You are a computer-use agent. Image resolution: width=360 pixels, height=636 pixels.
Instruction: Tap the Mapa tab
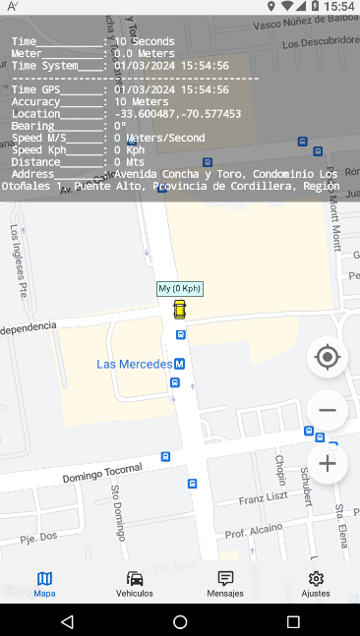[x=44, y=584]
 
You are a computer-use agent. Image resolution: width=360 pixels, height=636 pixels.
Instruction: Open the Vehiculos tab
[x=135, y=584]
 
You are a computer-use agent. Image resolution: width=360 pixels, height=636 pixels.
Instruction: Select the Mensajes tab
[x=225, y=584]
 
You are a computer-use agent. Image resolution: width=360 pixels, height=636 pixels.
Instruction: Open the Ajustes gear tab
[x=316, y=584]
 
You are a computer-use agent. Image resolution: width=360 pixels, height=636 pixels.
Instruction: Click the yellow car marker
[x=179, y=310]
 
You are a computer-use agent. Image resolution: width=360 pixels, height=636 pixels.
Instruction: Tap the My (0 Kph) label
[x=179, y=288]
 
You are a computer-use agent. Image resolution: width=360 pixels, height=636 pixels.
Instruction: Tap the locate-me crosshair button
[x=328, y=357]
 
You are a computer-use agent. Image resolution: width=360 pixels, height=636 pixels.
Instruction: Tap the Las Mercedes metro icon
[x=179, y=364]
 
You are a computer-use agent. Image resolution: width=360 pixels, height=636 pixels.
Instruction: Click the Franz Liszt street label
[x=263, y=500]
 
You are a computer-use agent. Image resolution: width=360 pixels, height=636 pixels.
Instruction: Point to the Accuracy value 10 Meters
[x=141, y=101]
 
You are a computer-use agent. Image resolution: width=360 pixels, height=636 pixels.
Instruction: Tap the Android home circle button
[x=180, y=621]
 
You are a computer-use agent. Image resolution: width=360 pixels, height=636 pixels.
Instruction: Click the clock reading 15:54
[x=337, y=7]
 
